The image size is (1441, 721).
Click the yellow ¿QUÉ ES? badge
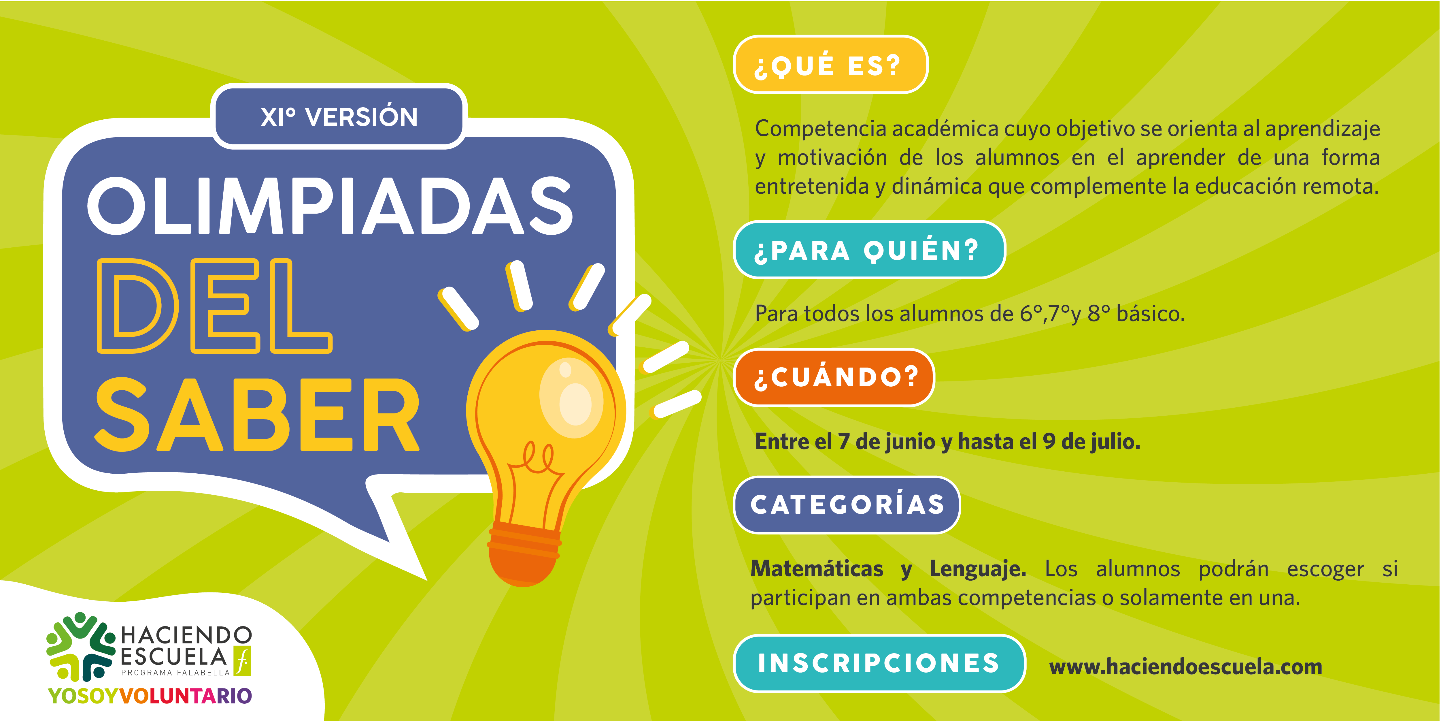[831, 64]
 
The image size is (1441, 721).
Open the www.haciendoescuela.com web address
[1186, 667]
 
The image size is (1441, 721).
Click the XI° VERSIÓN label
[339, 117]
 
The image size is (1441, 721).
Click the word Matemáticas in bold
[817, 569]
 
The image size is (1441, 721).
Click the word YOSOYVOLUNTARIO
[150, 696]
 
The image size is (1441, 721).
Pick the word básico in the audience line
[1150, 313]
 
